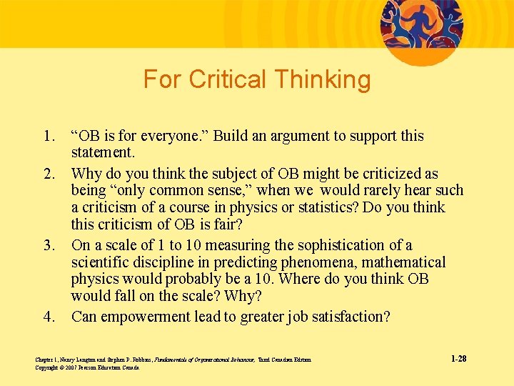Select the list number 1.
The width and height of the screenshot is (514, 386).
coord(49,136)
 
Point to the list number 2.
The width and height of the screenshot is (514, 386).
coord(49,174)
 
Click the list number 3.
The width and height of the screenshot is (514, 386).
coord(49,245)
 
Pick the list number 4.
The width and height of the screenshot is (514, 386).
coord(49,317)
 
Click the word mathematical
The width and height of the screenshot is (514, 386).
coord(403,262)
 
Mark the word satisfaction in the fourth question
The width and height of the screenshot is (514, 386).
coord(350,317)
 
